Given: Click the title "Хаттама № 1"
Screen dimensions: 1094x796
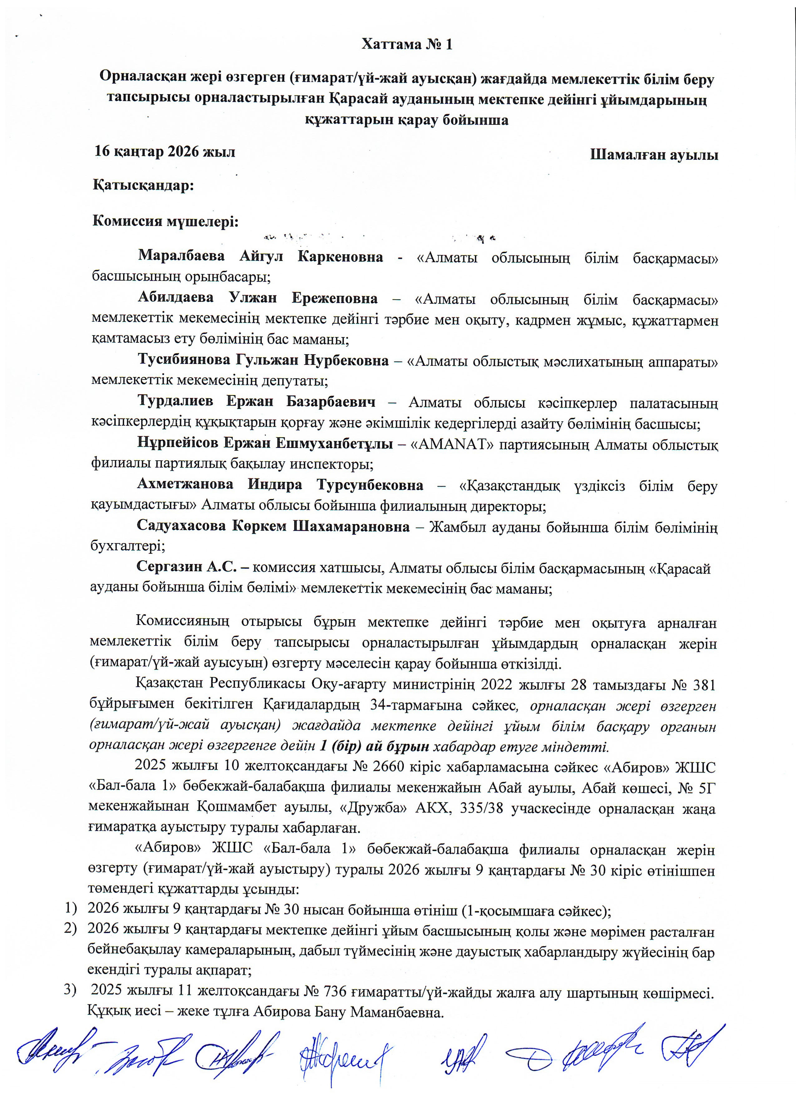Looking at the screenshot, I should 407,44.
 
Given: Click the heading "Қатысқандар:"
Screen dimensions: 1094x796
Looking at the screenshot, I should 143,186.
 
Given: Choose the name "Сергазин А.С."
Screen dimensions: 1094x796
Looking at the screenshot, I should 187,567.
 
